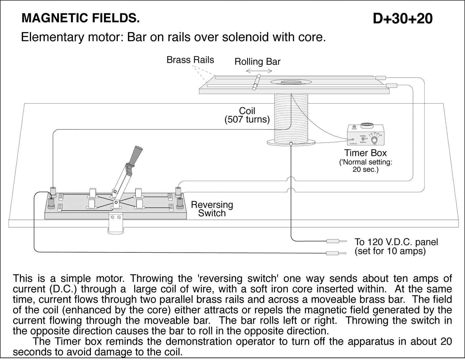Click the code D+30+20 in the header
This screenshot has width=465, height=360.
tap(403, 19)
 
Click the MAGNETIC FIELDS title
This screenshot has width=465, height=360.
tap(81, 18)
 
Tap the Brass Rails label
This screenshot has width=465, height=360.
tap(190, 60)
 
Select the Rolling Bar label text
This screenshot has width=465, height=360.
tap(257, 62)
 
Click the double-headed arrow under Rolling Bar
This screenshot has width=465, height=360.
tap(259, 71)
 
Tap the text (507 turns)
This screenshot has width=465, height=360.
tap(247, 120)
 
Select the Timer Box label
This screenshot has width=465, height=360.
tap(365, 153)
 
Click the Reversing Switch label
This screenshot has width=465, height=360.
tap(212, 209)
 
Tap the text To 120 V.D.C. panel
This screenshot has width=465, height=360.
tap(396, 242)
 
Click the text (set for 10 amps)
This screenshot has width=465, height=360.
tap(390, 251)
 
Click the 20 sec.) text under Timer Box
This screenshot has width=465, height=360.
tap(365, 170)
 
